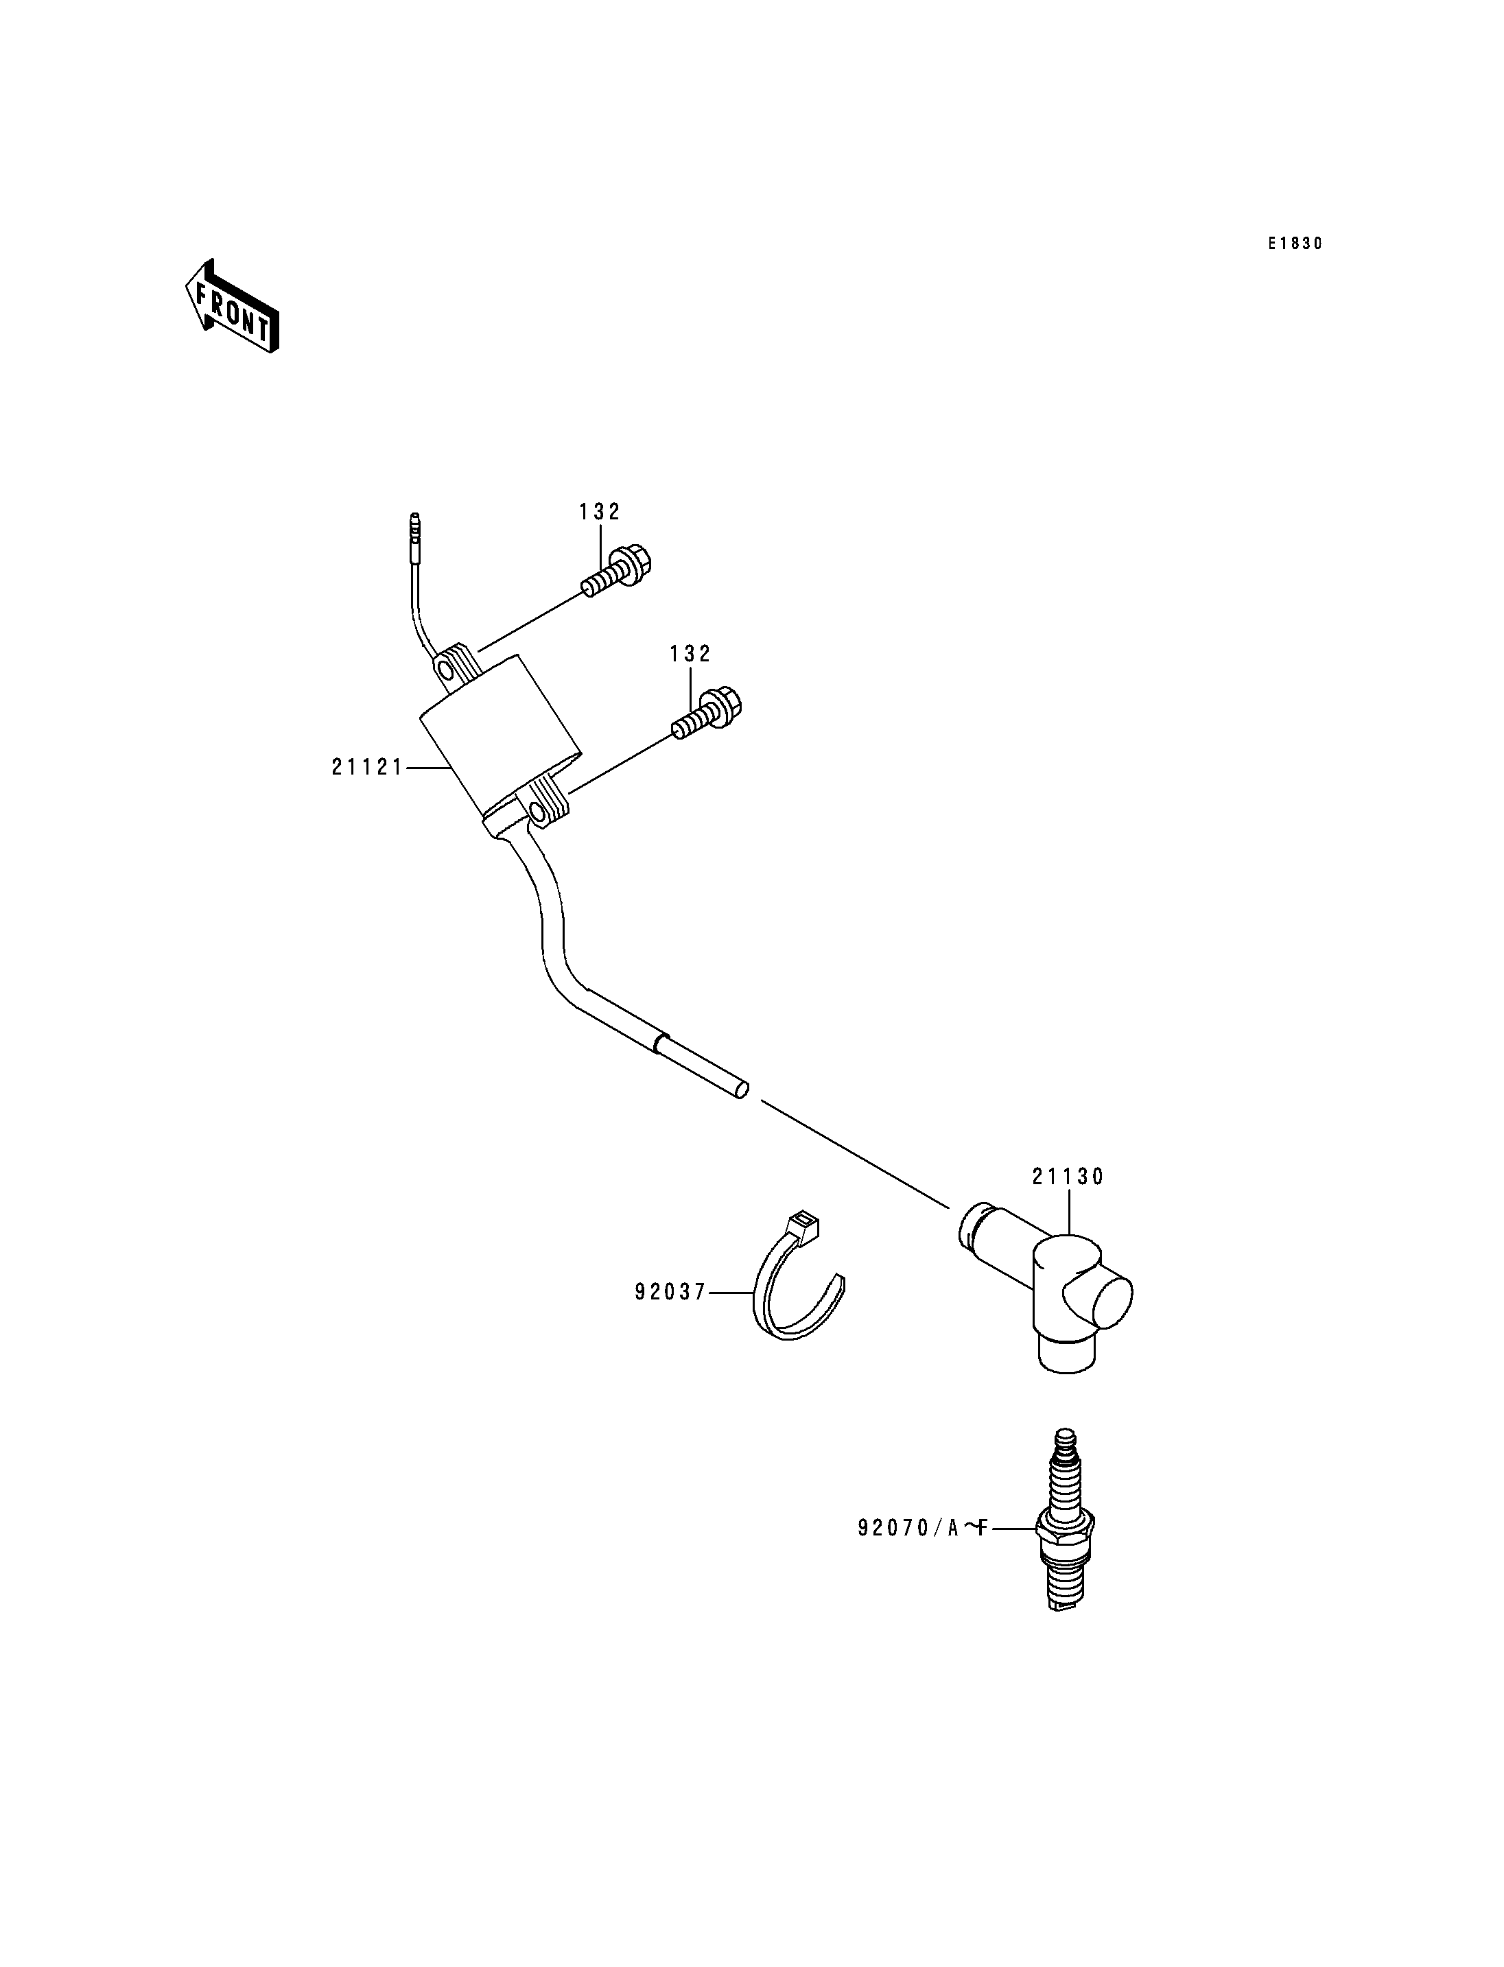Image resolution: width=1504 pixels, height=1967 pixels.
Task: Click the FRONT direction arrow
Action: pyautogui.click(x=232, y=305)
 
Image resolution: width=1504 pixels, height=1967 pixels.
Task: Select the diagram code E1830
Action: pyautogui.click(x=1295, y=244)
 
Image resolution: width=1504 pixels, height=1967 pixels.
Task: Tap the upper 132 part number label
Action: pyautogui.click(x=600, y=511)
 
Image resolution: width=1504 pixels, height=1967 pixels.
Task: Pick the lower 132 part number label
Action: pyautogui.click(x=690, y=654)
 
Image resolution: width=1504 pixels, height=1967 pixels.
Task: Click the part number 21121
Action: pyautogui.click(x=367, y=767)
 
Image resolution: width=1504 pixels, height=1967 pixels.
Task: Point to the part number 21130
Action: pyautogui.click(x=1068, y=1177)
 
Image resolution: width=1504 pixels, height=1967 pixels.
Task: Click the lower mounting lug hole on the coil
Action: pyautogui.click(x=539, y=813)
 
